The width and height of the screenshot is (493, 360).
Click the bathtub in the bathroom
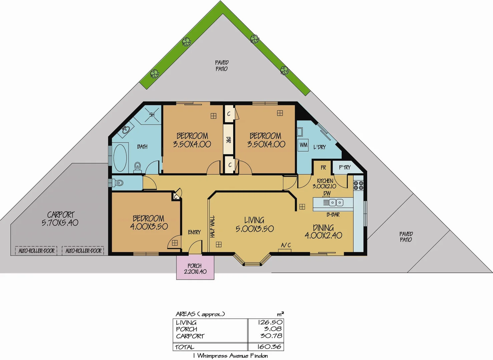120,158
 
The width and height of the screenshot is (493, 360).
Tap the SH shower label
152,115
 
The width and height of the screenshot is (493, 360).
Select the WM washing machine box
303,145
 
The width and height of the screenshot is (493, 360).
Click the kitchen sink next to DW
336,202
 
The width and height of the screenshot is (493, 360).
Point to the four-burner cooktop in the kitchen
359,185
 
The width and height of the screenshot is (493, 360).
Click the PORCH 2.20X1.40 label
195,269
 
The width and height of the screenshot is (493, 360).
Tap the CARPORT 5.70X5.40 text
60,219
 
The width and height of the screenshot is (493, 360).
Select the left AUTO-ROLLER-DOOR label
36,251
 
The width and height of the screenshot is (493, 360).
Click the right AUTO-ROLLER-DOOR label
83,251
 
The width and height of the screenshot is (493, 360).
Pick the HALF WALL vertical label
212,227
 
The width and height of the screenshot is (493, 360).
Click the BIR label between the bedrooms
228,140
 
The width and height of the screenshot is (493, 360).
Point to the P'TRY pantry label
345,167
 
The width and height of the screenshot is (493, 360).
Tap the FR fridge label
323,167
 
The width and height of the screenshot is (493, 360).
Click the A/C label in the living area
286,245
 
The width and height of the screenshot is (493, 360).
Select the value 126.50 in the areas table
270,322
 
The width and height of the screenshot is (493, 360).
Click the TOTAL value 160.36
270,347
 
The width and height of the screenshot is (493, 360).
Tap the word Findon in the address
259,356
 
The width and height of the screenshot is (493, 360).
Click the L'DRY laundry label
320,147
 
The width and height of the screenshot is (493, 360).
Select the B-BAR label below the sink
333,215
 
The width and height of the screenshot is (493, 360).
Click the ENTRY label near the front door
194,232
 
